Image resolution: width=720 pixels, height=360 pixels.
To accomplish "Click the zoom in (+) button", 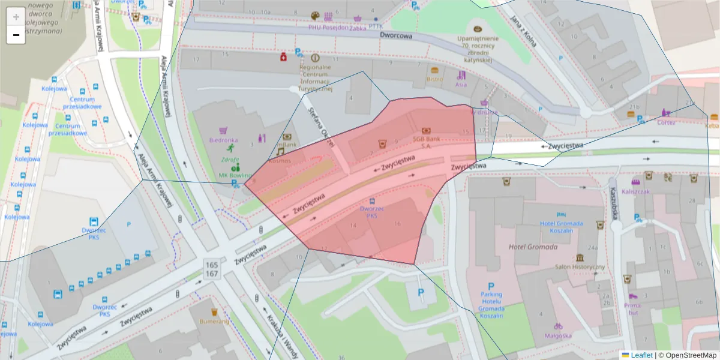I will point(16,17).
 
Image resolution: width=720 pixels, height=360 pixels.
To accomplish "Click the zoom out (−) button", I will point(16,35).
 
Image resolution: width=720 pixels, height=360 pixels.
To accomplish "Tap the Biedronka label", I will point(223,140).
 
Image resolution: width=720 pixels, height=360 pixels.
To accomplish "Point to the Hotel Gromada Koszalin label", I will point(561,227).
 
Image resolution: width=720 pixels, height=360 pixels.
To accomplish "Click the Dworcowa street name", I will point(396,35).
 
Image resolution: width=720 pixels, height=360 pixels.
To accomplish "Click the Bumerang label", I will point(214,321).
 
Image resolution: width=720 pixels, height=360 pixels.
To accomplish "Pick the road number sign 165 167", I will point(211,269).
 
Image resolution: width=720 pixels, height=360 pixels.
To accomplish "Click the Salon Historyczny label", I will point(579,266).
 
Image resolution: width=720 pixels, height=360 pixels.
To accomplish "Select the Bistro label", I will point(434,79).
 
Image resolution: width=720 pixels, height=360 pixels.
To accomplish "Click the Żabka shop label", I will point(357,26).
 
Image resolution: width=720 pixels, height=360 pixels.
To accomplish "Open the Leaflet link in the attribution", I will point(641,355).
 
